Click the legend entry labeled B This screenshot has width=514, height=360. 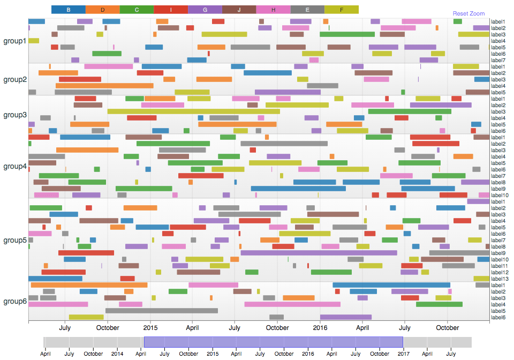click(68, 10)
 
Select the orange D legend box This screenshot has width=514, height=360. click(102, 10)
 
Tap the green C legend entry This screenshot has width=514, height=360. click(137, 10)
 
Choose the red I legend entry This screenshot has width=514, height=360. click(171, 10)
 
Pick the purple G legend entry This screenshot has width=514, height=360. click(205, 10)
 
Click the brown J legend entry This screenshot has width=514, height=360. click(239, 10)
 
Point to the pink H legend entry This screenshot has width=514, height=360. click(273, 10)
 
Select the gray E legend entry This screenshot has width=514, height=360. click(307, 10)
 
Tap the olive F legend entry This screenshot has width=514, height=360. click(342, 10)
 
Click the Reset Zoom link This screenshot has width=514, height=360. click(468, 13)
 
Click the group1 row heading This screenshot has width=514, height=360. click(14, 41)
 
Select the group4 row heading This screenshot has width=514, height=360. click(14, 166)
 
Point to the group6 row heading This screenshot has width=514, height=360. click(14, 301)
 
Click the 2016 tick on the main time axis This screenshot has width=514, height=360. click(320, 328)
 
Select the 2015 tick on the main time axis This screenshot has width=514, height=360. click(150, 328)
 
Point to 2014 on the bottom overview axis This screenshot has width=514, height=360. click(117, 354)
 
